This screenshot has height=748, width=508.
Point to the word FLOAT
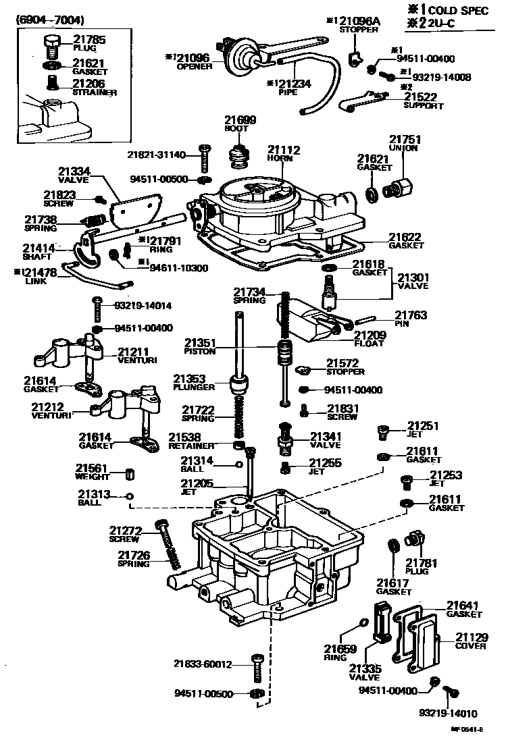[369, 344]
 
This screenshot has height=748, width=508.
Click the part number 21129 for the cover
[470, 637]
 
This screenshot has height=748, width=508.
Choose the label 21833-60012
[202, 664]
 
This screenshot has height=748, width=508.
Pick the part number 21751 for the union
[404, 139]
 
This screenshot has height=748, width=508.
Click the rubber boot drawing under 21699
[237, 157]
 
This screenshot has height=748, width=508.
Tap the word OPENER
[194, 67]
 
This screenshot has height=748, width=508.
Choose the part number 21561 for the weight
[91, 468]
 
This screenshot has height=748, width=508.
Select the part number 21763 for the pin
[411, 315]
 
